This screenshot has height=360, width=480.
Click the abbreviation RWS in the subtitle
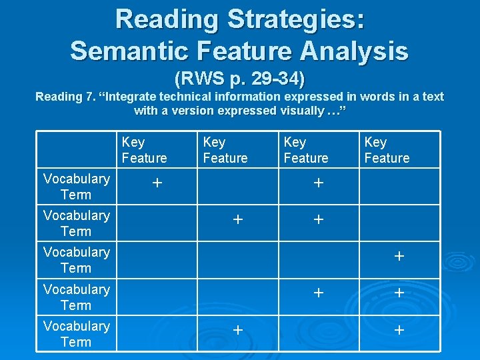click(194, 79)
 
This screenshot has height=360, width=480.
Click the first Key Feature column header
click(144, 150)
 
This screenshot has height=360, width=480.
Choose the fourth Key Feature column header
click(387, 150)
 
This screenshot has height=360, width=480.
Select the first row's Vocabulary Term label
click(76, 187)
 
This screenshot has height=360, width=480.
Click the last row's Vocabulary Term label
click(76, 334)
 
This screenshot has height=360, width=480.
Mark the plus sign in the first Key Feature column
click(157, 182)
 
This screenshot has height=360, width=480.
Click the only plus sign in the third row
click(399, 256)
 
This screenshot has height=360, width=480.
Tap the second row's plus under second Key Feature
click(237, 219)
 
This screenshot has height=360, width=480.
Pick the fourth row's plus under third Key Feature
click(319, 293)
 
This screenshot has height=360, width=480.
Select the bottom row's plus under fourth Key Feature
click(399, 329)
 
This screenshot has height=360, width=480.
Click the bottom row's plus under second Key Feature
click(237, 329)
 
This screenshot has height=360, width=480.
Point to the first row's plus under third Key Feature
click(319, 182)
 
